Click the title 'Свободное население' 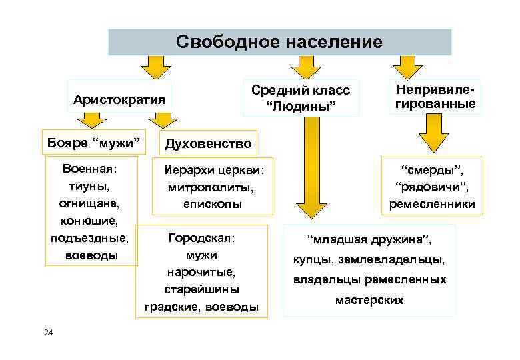coord(279,42)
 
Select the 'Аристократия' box coord(119,100)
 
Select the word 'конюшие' coord(91,219)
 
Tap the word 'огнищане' coord(91,202)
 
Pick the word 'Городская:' coord(202,237)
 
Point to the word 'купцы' coord(312,259)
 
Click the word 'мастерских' coord(370,300)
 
